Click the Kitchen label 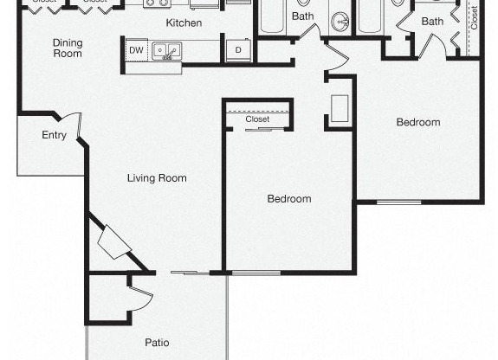pos(184,22)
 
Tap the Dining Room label pos(67,48)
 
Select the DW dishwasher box pos(136,51)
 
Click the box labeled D pos(238,51)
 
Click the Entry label pos(55,135)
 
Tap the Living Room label pos(157,178)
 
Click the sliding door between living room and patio pos(190,273)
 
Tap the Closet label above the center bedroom pos(257,119)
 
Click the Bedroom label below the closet pos(288,199)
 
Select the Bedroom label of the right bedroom pos(418,122)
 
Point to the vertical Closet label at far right pos(474,18)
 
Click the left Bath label pos(302,16)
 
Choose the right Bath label pos(432,21)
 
